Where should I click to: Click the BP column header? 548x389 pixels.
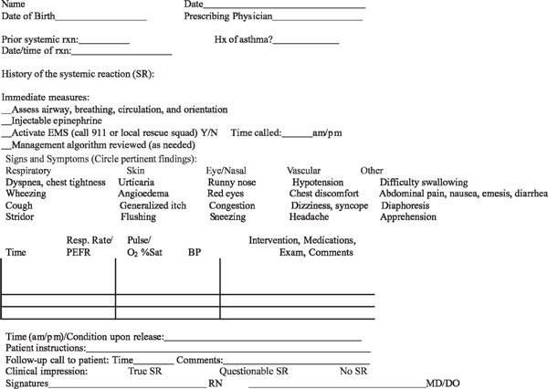[x=195, y=251]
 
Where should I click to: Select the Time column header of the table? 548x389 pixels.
[x=16, y=251]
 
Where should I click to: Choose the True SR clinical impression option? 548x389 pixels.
[x=149, y=373]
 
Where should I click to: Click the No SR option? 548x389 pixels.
[x=353, y=373]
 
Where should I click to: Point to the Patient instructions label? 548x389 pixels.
[x=45, y=348]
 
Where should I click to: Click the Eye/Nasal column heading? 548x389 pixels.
[x=228, y=170]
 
